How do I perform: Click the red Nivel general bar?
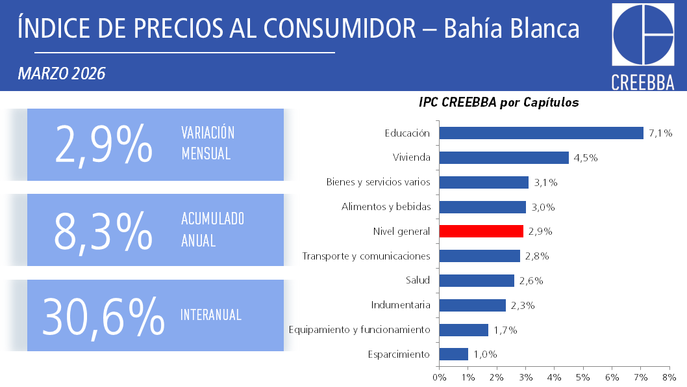tap(481, 231)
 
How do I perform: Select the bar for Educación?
tap(541, 133)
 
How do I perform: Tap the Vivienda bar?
tap(504, 157)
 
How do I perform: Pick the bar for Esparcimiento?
tap(454, 354)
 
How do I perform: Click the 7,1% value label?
tap(660, 133)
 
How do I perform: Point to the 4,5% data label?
tap(586, 158)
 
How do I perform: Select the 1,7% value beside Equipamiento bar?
tap(505, 330)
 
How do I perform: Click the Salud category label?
tap(418, 280)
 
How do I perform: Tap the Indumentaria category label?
tap(401, 305)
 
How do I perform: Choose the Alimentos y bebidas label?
tap(386, 207)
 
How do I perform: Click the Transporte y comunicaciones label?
tap(366, 256)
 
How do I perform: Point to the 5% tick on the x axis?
tap(582, 377)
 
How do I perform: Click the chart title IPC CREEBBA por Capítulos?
tap(499, 103)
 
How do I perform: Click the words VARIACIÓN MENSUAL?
tap(207, 143)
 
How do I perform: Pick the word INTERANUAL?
tap(211, 315)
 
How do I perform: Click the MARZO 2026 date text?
tap(62, 73)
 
